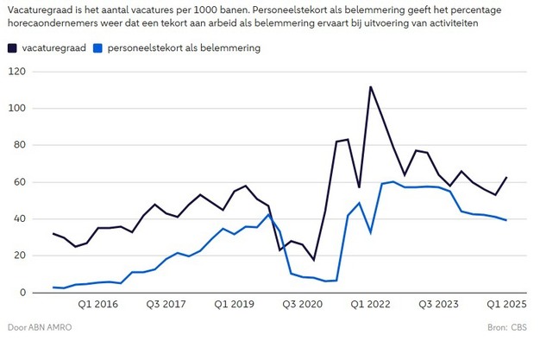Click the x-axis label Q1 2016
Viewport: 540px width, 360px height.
pyautogui.click(x=98, y=304)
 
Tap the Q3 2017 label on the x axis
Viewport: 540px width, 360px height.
pyautogui.click(x=166, y=304)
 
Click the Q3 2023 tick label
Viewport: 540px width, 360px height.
pyautogui.click(x=438, y=304)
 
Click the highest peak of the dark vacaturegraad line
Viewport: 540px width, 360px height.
pyautogui.click(x=370, y=86)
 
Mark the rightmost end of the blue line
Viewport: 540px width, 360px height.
pyautogui.click(x=506, y=220)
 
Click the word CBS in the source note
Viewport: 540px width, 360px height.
pyautogui.click(x=520, y=328)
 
